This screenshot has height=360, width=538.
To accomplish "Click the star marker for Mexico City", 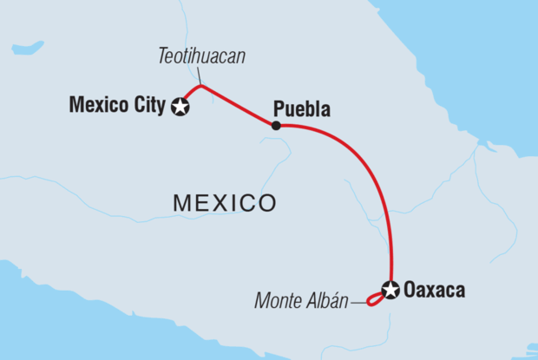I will (x=181, y=108).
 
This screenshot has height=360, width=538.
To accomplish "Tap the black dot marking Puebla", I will (x=275, y=126).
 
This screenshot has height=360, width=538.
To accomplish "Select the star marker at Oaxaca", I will (x=390, y=290).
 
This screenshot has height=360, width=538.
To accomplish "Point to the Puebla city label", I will (x=302, y=109).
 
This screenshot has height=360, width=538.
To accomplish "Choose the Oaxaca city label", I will (x=434, y=291).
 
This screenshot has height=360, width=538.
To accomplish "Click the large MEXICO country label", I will (x=225, y=204).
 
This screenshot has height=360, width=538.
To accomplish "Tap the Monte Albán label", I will (x=301, y=302).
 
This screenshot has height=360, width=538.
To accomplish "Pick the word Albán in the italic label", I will (x=327, y=302).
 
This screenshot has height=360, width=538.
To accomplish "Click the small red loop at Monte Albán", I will (x=374, y=300).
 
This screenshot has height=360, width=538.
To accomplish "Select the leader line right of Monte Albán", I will (x=358, y=303).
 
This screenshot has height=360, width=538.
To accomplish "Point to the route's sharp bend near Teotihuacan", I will (x=201, y=85).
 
